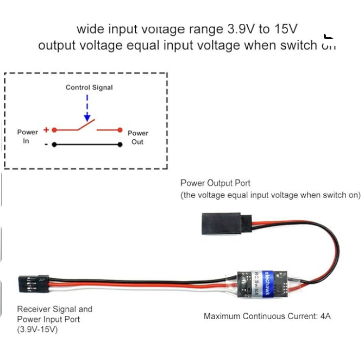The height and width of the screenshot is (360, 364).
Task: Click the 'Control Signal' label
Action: click(x=89, y=87)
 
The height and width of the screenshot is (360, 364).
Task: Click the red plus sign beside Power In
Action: click(x=46, y=130)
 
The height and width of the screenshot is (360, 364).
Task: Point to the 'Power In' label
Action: click(x=27, y=136)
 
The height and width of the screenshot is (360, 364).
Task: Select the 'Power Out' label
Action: click(x=137, y=137)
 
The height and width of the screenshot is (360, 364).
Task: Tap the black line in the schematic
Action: click(x=87, y=145)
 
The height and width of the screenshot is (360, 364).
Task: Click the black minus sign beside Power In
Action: click(x=46, y=145)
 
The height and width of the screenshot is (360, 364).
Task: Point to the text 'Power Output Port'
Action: click(x=215, y=183)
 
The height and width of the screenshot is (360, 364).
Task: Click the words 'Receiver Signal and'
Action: click(x=54, y=309)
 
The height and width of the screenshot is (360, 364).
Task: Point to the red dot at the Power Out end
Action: click(x=120, y=131)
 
